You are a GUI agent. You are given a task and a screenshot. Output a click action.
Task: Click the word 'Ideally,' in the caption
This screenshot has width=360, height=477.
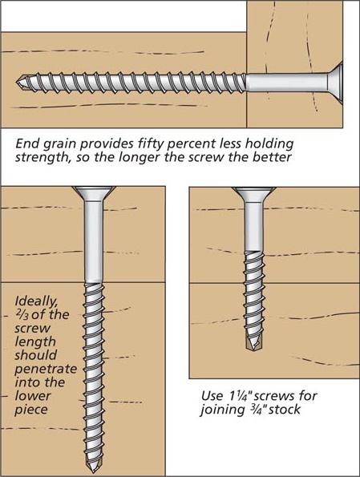click(35, 301)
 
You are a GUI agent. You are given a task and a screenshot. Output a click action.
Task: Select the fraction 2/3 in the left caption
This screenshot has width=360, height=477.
click(22, 315)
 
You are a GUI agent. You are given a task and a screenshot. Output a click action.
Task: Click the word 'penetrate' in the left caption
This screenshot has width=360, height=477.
click(42, 370)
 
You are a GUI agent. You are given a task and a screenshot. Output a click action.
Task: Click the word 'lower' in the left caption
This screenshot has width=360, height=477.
click(32, 396)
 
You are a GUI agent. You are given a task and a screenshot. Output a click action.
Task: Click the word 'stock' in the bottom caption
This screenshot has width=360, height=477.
click(277, 410)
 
